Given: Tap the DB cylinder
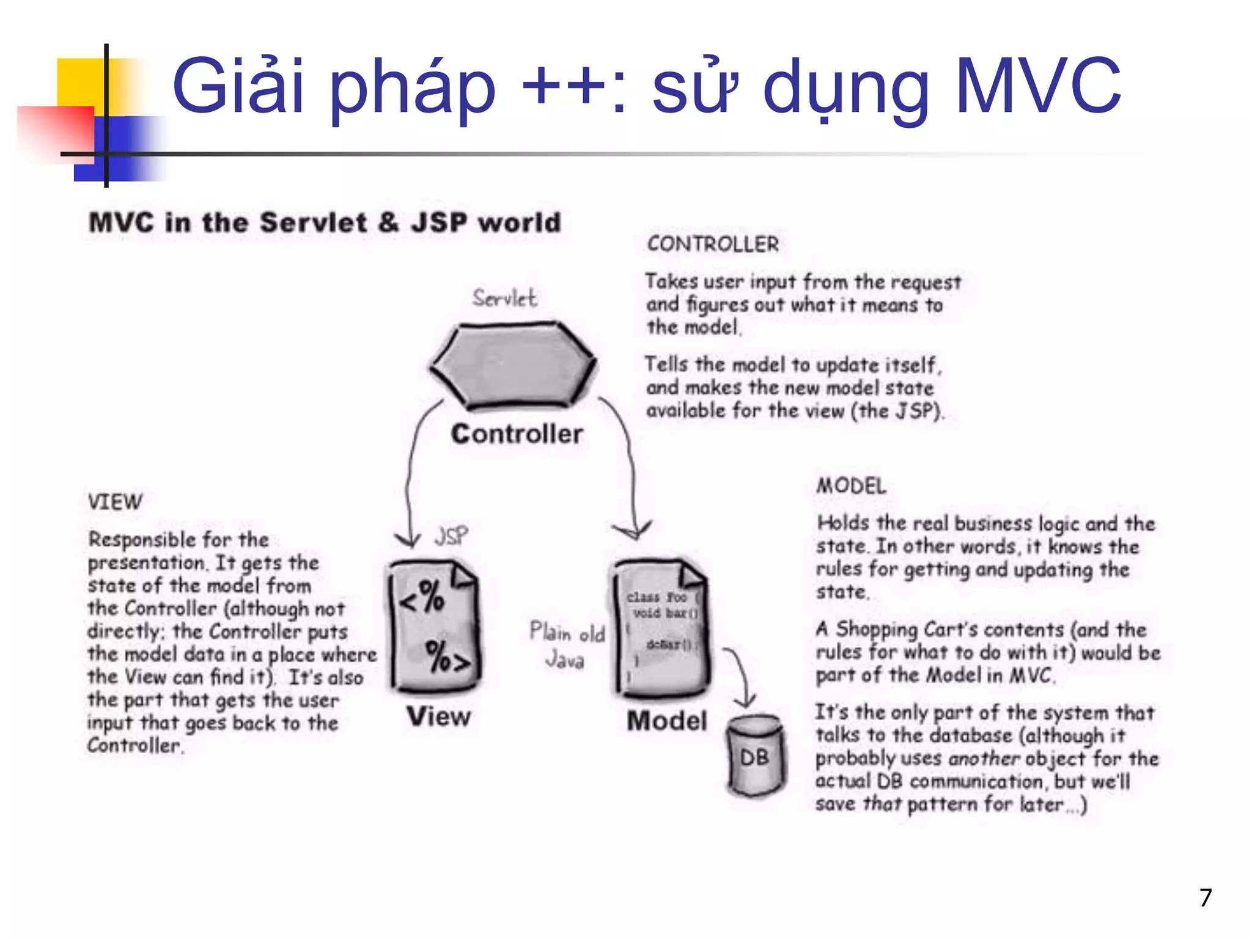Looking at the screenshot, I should click(756, 756).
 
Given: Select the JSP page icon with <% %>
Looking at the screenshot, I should click(435, 627).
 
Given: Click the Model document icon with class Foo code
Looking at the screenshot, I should click(661, 628).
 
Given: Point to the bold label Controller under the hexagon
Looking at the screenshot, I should click(517, 434).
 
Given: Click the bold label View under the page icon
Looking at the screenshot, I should click(439, 716).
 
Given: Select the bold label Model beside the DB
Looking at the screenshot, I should click(666, 721).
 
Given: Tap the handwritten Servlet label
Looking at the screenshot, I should click(504, 298).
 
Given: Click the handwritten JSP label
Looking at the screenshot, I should click(451, 536).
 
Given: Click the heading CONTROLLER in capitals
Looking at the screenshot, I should click(713, 244).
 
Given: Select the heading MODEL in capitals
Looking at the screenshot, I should click(851, 486).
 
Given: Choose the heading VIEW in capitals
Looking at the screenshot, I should click(115, 502).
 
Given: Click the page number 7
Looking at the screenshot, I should click(1205, 897).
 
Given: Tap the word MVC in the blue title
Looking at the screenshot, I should click(1037, 87).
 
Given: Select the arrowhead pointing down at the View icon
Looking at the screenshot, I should click(407, 539).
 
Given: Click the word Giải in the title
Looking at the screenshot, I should click(238, 87).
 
